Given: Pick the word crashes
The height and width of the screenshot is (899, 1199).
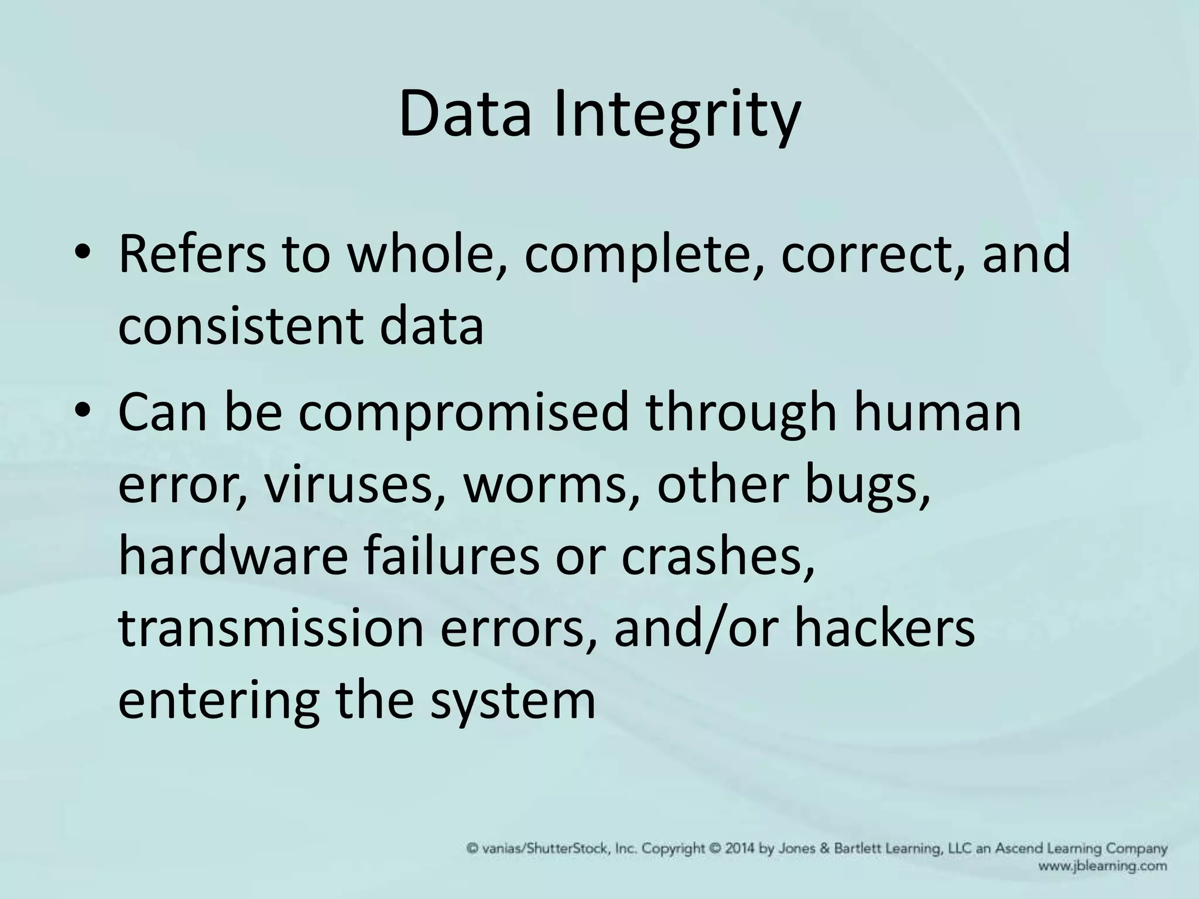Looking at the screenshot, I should (717, 556).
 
